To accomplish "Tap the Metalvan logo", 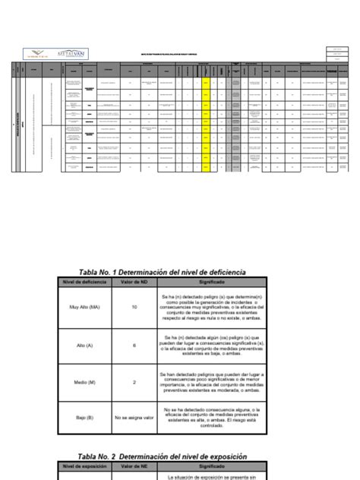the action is click(73, 54).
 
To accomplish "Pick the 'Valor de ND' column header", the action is click(134, 282).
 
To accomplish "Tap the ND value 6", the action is click(134, 344).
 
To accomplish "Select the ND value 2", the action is click(134, 382).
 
